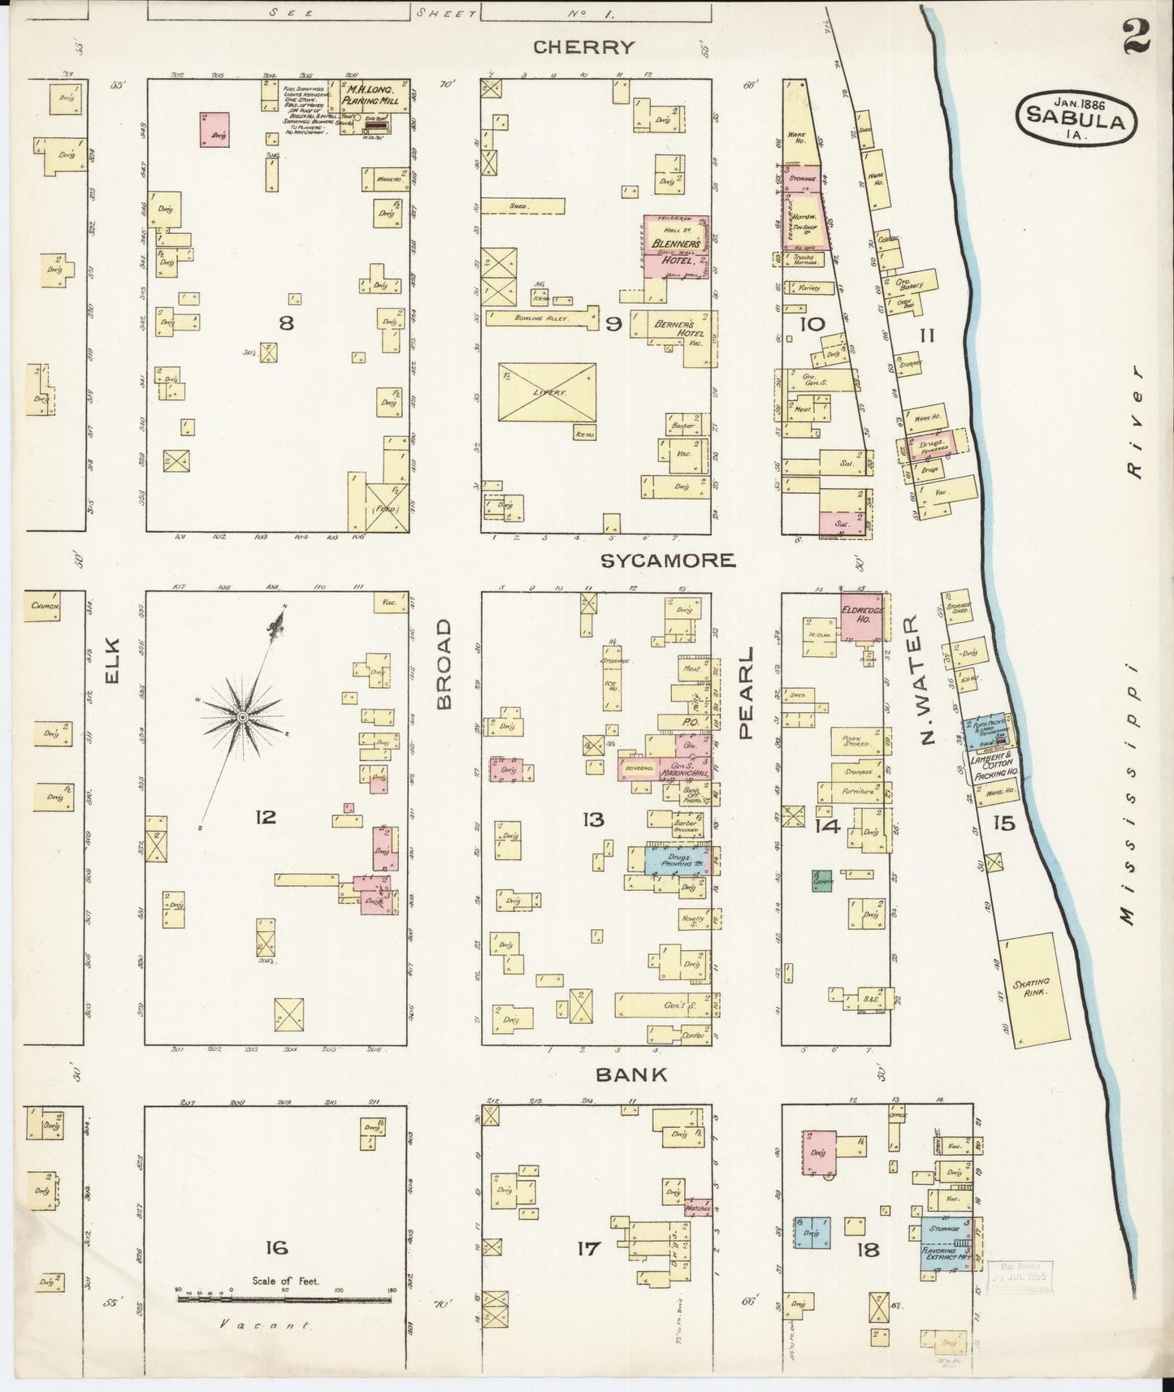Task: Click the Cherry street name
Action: coord(583,47)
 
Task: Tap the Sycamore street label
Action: coord(669,560)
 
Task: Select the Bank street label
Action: coord(631,1074)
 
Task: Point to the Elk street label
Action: coord(111,662)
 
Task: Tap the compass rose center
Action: coord(242,717)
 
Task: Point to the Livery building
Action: coord(547,392)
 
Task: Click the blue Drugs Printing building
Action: coord(677,860)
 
